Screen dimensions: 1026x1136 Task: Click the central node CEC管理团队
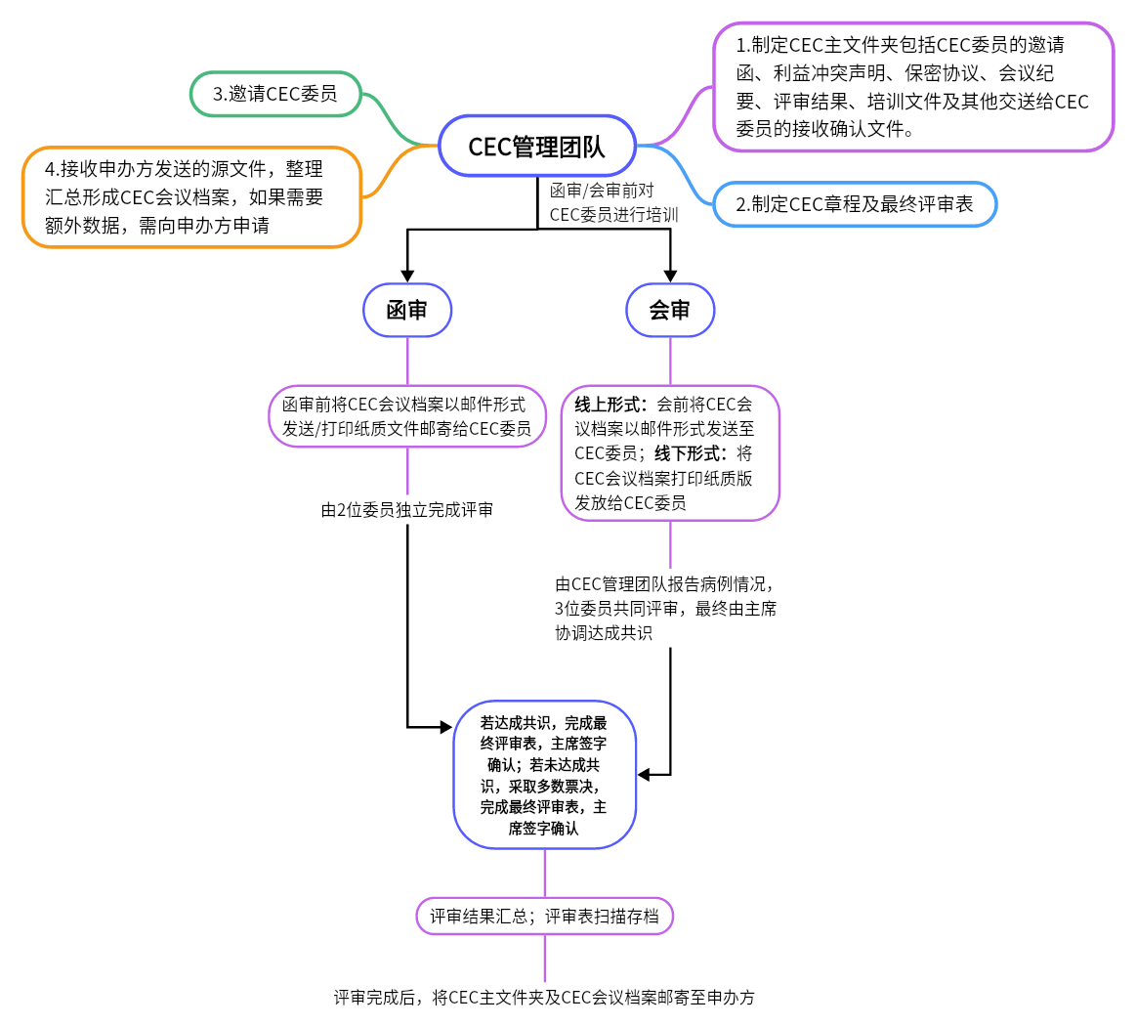coord(536,147)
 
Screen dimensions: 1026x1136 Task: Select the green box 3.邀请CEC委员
coord(274,94)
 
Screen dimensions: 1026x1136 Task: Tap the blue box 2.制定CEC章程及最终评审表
coord(854,204)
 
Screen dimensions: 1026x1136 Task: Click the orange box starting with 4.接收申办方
coord(191,196)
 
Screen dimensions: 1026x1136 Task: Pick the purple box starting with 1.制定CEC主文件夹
coord(912,86)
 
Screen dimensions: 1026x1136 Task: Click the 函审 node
coord(407,311)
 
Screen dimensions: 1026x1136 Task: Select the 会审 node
coord(670,311)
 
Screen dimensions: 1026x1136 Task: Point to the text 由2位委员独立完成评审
coord(407,509)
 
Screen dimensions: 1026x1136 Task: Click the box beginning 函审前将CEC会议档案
coord(407,416)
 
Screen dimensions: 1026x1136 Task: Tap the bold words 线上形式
coord(609,405)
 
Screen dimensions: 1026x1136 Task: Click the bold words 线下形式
coord(692,453)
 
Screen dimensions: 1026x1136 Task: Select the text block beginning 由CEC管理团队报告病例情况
coord(670,608)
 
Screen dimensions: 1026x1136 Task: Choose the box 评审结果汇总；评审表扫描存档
coord(544,917)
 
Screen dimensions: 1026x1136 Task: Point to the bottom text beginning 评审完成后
coord(544,998)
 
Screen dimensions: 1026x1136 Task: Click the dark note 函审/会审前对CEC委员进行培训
coord(612,202)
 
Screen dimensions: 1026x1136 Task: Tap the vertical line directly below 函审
coord(407,361)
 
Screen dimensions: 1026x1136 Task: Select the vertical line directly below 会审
coord(670,361)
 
